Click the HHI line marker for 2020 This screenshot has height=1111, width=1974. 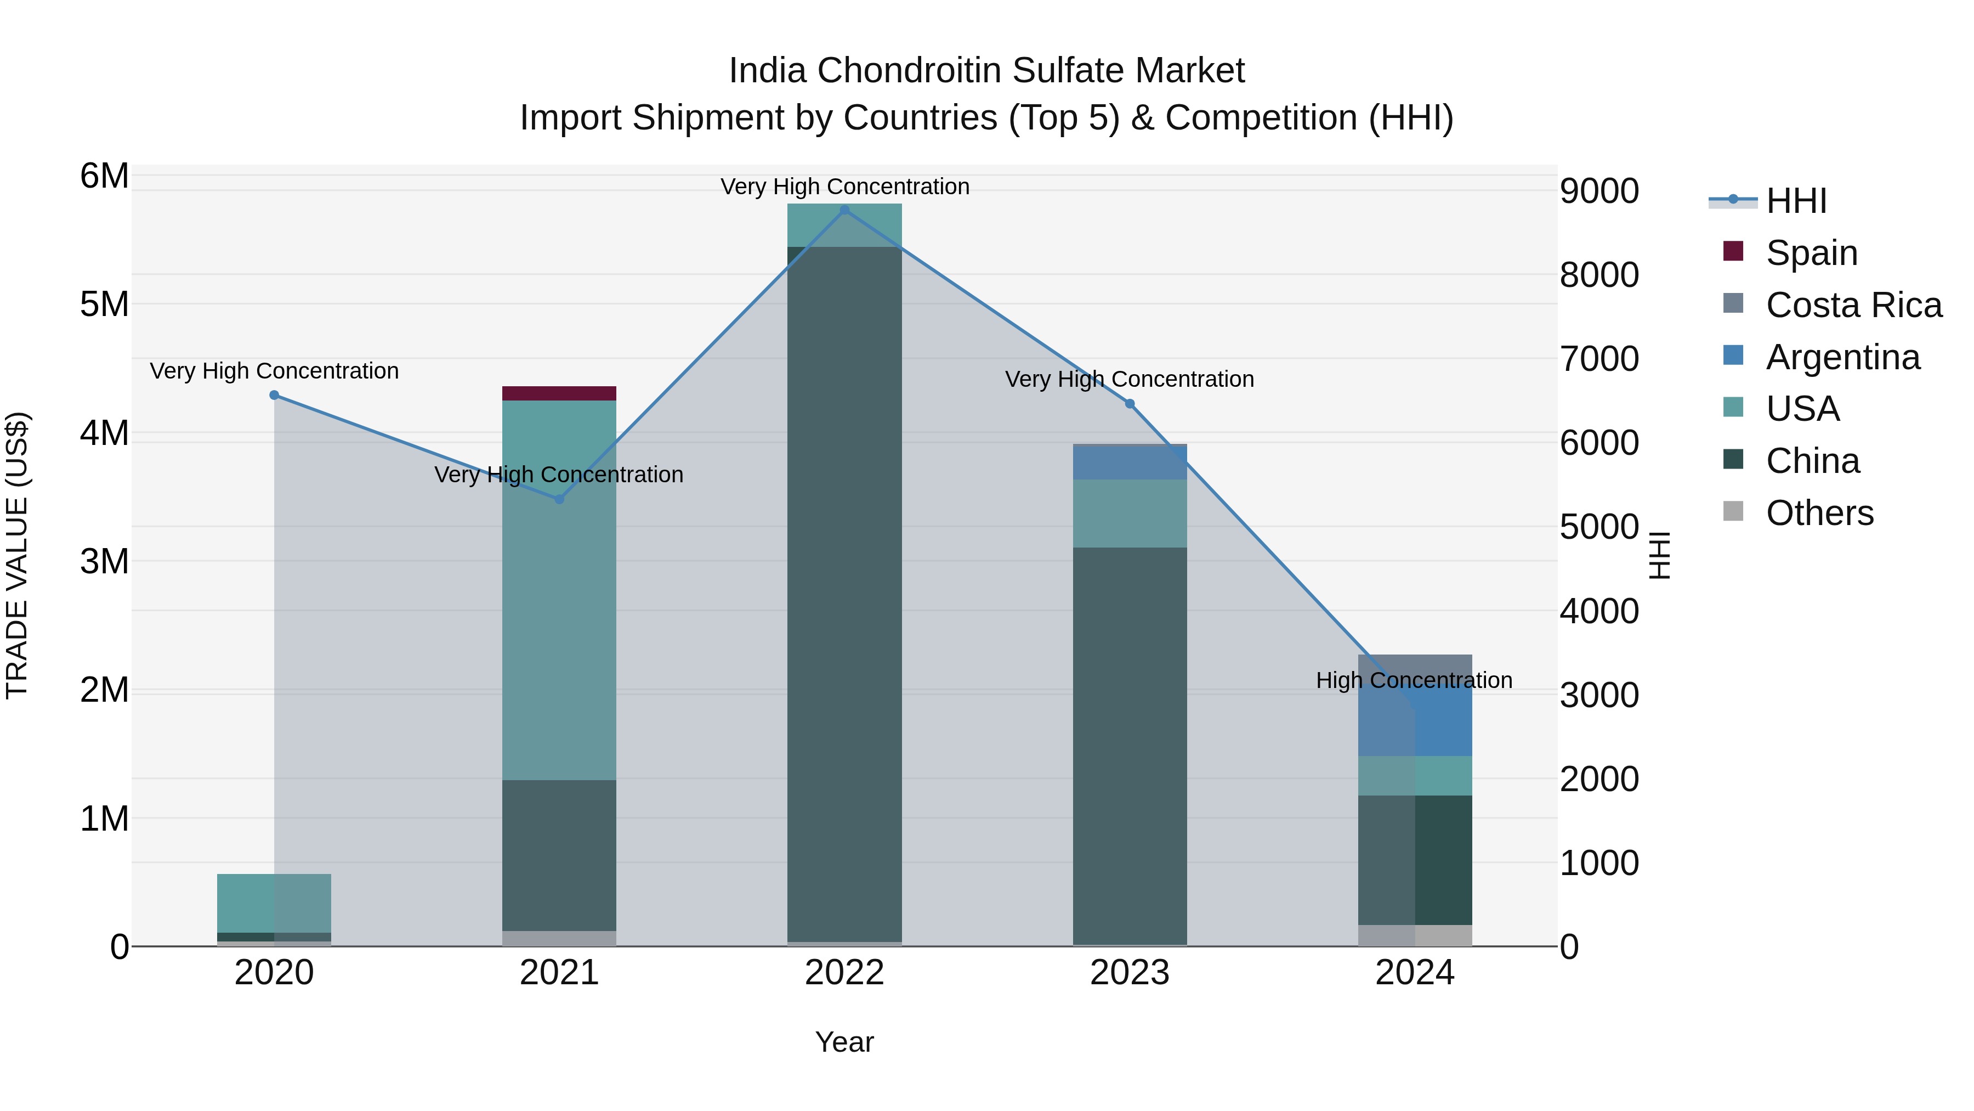(x=274, y=395)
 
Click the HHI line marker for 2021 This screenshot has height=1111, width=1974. (x=559, y=499)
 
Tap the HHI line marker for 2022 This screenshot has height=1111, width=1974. (x=844, y=210)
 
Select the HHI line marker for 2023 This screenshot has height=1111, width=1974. (x=1130, y=404)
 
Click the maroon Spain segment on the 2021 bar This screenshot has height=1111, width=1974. (x=559, y=393)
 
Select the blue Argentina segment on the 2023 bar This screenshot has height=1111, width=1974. (x=1130, y=463)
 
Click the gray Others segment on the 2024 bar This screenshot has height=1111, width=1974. (x=1415, y=935)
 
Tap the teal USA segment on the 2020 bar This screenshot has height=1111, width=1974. (x=274, y=903)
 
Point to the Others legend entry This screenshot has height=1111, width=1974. (x=1819, y=513)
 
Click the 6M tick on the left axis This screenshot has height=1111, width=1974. (x=104, y=176)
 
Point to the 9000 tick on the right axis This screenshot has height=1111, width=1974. (x=1599, y=191)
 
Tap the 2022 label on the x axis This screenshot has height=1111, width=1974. (x=844, y=973)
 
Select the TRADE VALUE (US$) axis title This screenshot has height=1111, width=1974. (x=17, y=555)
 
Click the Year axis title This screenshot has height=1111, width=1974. (x=844, y=1042)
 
